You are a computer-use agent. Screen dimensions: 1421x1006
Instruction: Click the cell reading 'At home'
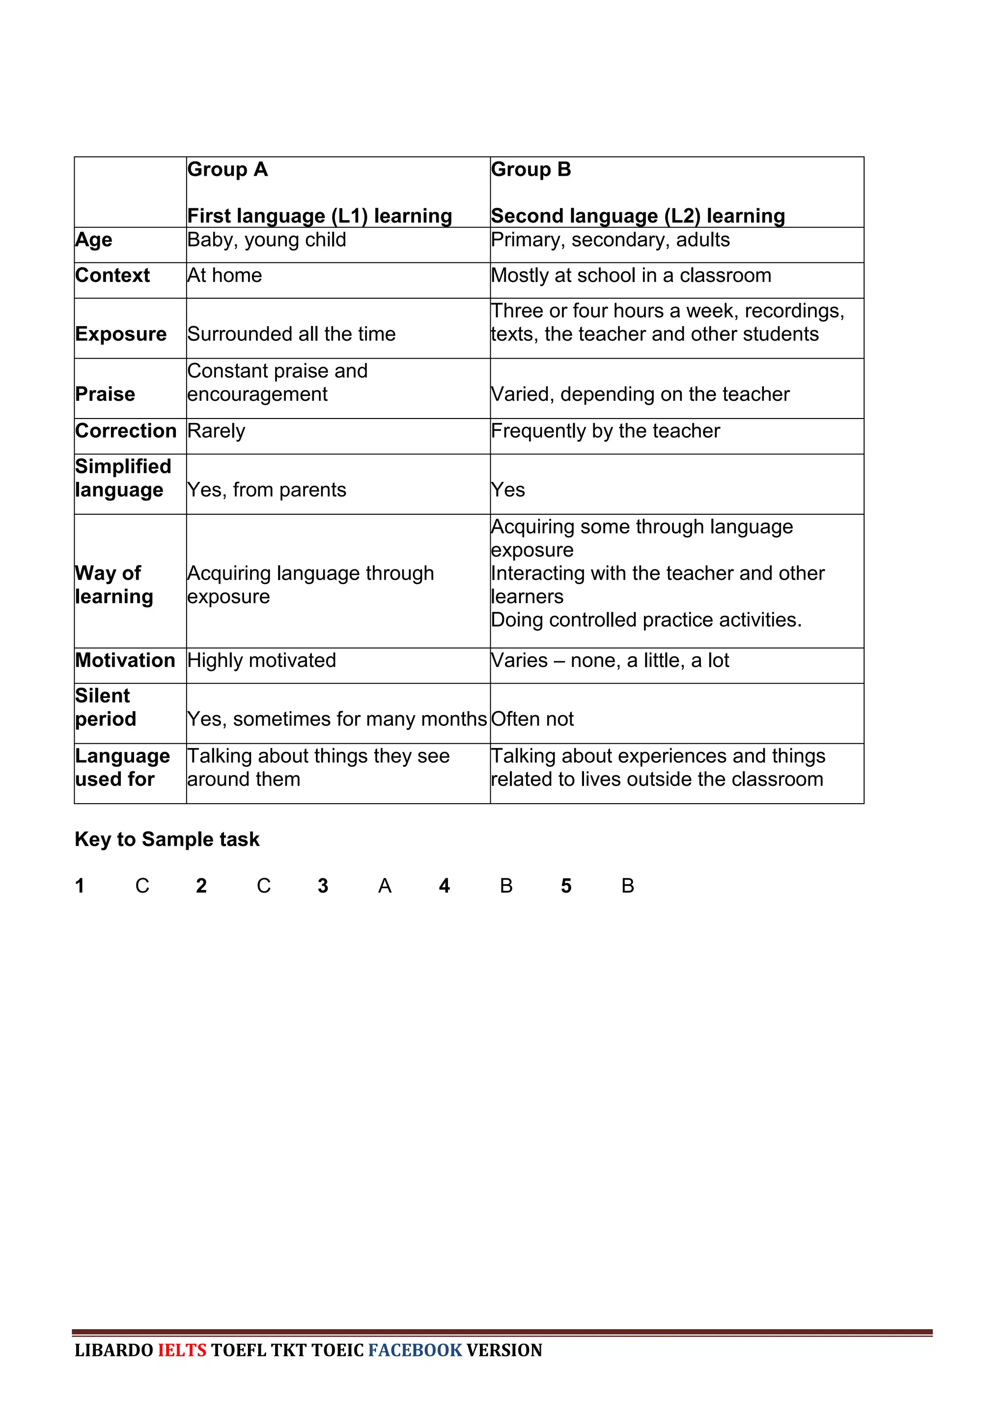[225, 275]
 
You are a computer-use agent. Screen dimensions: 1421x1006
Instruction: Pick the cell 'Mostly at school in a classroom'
[631, 275]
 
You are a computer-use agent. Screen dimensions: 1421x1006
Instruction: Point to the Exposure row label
[121, 334]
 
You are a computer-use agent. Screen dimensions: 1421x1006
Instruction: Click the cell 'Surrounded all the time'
[291, 334]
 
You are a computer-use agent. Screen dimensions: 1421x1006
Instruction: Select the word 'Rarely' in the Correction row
[216, 430]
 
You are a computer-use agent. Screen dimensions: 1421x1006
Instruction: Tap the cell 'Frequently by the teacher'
[605, 430]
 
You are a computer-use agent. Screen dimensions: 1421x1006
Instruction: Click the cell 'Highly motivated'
[261, 660]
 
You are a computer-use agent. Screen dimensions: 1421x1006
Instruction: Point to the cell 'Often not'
[532, 719]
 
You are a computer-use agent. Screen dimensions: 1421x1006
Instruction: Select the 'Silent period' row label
[105, 707]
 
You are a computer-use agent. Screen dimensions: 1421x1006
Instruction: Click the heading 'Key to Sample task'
[167, 839]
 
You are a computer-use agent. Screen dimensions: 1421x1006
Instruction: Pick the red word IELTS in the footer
[182, 1350]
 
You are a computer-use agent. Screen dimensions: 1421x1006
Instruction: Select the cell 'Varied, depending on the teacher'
[640, 394]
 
